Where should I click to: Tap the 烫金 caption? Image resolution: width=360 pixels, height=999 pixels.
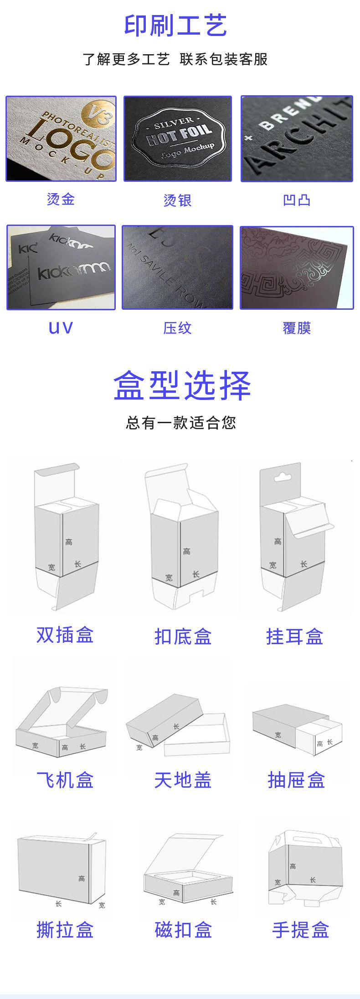point(61,199)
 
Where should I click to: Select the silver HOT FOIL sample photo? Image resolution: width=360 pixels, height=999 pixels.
point(178,138)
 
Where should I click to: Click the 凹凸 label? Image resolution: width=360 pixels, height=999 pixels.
point(297,200)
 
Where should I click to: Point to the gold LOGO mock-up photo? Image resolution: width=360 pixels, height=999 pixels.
point(61,138)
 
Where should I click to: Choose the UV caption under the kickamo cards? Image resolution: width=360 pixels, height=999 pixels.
point(61,328)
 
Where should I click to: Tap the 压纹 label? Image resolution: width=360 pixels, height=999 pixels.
point(177,328)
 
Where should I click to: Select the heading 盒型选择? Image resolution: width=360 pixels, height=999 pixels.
point(182,385)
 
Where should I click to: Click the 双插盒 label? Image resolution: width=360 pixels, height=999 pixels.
point(65,635)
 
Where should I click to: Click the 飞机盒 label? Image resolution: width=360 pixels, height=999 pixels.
point(65,780)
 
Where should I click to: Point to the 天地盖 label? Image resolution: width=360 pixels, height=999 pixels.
point(183,780)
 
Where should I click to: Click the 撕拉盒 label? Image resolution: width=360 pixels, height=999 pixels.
point(65,929)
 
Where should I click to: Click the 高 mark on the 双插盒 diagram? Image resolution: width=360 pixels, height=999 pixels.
point(69,542)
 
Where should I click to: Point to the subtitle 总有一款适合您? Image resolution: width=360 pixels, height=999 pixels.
point(181,423)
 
